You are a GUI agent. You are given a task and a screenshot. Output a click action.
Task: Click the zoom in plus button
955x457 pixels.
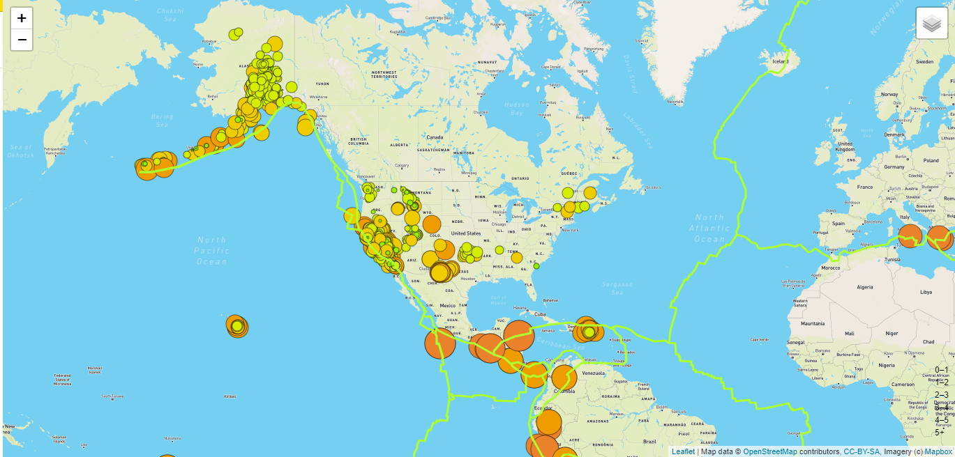coord(22,19)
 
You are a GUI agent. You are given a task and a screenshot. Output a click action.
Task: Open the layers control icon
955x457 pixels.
coord(932,24)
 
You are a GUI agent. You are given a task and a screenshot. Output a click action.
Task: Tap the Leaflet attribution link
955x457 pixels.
coord(683,451)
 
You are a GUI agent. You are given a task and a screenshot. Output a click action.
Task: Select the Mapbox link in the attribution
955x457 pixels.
coord(938,451)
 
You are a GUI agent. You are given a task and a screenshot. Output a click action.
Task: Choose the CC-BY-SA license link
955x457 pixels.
coord(861,451)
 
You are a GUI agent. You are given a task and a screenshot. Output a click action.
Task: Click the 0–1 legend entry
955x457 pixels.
coord(942,370)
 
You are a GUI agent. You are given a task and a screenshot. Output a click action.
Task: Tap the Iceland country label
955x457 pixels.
coord(780,61)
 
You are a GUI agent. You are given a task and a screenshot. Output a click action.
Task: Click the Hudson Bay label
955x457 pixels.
coord(516,109)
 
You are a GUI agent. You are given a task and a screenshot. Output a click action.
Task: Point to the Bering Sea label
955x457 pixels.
coord(162,121)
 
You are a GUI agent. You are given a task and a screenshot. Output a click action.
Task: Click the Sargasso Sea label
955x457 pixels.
coord(617,288)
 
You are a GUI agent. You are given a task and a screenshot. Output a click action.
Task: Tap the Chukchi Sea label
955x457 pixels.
coord(170,15)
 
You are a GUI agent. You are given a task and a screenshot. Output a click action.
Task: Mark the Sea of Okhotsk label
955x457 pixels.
coord(21,150)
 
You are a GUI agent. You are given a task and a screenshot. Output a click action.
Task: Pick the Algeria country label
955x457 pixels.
coord(864,287)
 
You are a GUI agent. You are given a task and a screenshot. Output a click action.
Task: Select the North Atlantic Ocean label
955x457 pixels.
coord(709,228)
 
